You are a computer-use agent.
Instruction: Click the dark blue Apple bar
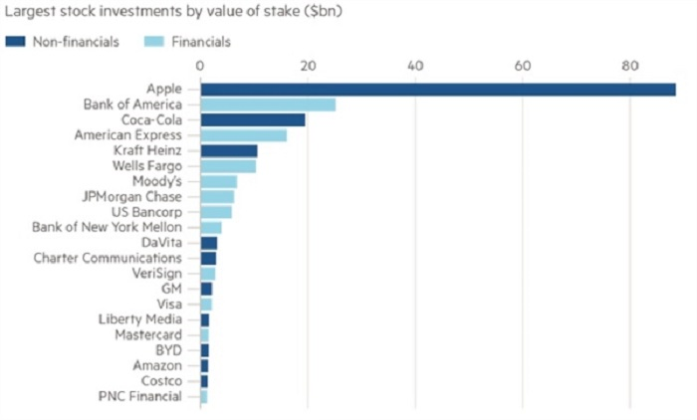(x=438, y=90)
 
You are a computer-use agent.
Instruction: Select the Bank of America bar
(x=268, y=105)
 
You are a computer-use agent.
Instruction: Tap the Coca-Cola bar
(x=253, y=120)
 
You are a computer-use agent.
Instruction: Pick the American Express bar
(x=244, y=135)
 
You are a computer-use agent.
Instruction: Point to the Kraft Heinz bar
(x=229, y=151)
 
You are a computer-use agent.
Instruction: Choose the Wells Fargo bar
(x=228, y=166)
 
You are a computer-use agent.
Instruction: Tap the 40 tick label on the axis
(x=416, y=67)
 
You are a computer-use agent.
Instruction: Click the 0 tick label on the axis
(x=201, y=67)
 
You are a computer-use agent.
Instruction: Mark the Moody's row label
(x=156, y=182)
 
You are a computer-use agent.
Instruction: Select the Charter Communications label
(x=108, y=259)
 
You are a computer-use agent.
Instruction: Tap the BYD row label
(x=168, y=350)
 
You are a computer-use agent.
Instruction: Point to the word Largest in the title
(x=32, y=13)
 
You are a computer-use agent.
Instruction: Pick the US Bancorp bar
(x=216, y=212)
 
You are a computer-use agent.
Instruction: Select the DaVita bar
(x=209, y=243)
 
